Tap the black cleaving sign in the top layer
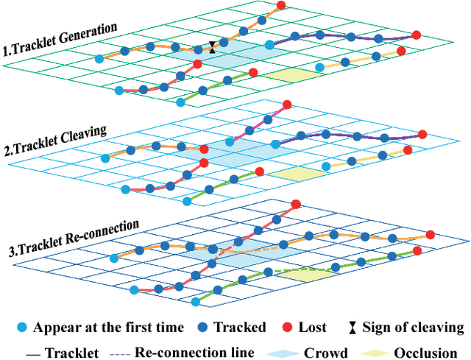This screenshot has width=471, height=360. pyautogui.click(x=213, y=47)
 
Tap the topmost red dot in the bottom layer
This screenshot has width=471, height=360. pyautogui.click(x=297, y=205)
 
